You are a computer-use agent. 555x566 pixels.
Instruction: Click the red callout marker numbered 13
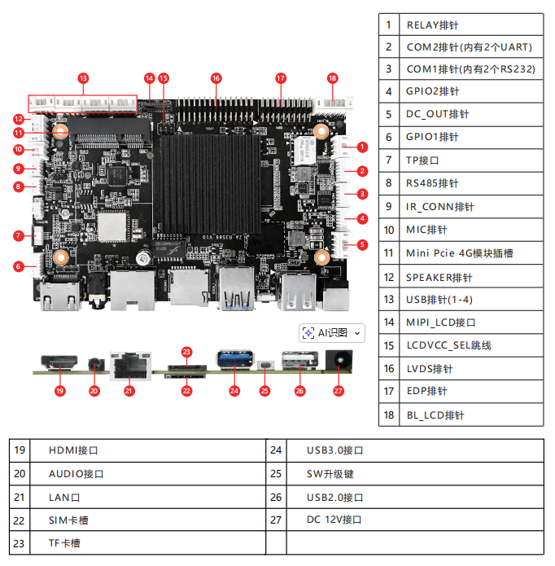(83, 78)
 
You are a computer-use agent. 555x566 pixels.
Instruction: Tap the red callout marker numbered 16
(216, 78)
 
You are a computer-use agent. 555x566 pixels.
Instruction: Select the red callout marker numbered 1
(362, 147)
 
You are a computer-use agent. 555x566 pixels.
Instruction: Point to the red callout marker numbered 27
(339, 391)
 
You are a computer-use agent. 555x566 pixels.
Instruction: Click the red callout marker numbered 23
(186, 352)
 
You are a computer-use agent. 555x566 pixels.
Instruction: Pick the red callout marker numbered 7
(18, 235)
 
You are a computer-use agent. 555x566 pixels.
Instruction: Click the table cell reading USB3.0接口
(415, 450)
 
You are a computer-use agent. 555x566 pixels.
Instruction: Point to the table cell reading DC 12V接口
(415, 520)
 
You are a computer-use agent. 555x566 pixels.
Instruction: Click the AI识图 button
(332, 332)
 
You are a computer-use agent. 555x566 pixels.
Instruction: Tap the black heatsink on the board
(208, 183)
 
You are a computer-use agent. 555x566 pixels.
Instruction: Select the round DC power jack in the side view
(336, 359)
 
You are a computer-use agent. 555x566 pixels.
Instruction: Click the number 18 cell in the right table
(389, 415)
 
